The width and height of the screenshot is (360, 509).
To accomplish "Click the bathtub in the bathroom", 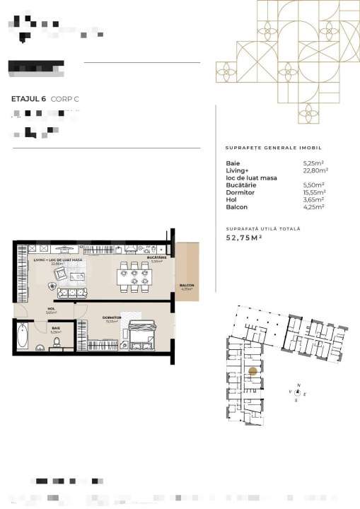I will [x=21, y=336].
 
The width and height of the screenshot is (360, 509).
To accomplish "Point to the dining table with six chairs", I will [x=134, y=276].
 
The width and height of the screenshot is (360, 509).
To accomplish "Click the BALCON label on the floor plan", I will [x=187, y=286].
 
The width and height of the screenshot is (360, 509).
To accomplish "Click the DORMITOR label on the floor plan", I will [x=111, y=317].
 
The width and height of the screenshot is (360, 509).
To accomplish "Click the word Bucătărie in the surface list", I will [x=240, y=185].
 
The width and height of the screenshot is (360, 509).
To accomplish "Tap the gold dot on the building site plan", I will [x=252, y=370].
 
